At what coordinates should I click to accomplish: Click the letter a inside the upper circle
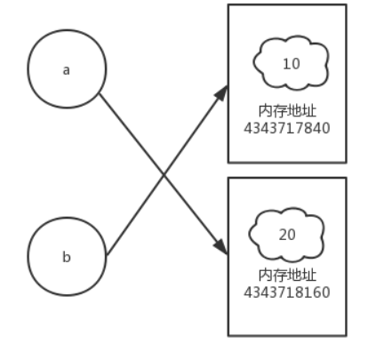(67, 70)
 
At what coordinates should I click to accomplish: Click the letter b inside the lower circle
(67, 257)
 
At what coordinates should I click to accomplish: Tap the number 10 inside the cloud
(292, 64)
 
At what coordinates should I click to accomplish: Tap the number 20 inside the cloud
(287, 235)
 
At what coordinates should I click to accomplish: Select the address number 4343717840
(287, 128)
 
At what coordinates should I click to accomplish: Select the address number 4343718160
(287, 292)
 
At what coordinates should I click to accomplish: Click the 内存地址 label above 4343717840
(287, 111)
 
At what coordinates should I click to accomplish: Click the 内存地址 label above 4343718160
(287, 276)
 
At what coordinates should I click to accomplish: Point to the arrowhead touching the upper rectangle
(221, 92)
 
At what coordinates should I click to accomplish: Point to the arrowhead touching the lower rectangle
(221, 246)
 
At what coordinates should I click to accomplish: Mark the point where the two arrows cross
(164, 175)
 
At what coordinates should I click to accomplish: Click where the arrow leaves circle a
(100, 93)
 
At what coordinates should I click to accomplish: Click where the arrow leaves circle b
(107, 255)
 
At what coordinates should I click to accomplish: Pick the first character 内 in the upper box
(266, 111)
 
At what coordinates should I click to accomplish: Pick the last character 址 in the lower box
(309, 276)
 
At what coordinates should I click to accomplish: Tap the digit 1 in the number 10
(287, 64)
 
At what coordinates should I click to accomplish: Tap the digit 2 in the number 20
(283, 235)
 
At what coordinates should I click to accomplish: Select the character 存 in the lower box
(280, 276)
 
